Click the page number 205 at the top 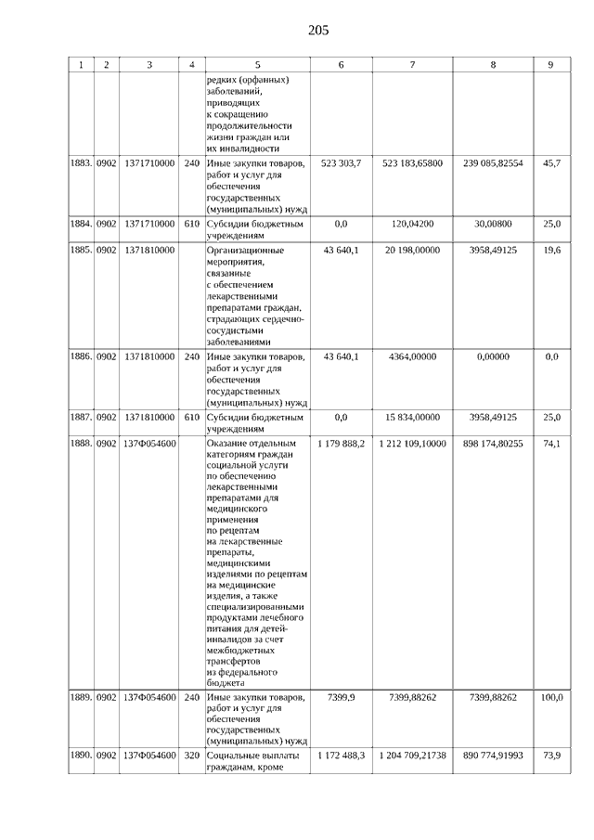point(318,31)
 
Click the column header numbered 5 point(257,65)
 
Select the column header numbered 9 point(550,65)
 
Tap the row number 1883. point(81,163)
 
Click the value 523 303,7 point(341,163)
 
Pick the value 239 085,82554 point(493,163)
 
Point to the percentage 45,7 point(551,163)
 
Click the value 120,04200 point(412,224)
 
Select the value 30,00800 point(493,224)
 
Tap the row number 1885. point(81,251)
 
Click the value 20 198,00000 point(412,251)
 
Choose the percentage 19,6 point(551,251)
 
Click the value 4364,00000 point(412,356)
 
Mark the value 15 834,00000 point(412,417)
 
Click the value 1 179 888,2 point(341,444)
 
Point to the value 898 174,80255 point(493,444)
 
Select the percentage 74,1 point(551,444)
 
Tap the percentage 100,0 point(551,697)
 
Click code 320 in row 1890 point(192,756)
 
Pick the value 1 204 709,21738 point(412,756)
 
